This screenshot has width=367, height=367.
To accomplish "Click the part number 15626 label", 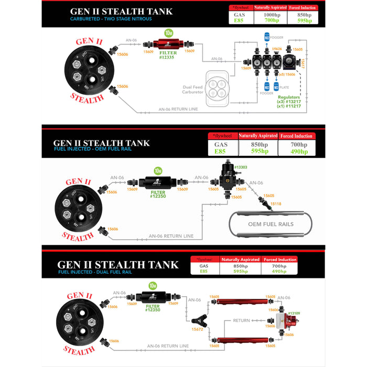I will [x=276, y=48].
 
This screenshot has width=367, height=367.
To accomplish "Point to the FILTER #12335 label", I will [x=169, y=56].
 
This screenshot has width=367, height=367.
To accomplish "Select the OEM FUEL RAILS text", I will [x=271, y=224].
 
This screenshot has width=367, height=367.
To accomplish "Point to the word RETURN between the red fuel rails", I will [x=242, y=320].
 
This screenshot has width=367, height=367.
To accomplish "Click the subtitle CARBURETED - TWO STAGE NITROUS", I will [x=111, y=18].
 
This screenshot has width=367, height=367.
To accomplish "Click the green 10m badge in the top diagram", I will [x=169, y=32].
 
